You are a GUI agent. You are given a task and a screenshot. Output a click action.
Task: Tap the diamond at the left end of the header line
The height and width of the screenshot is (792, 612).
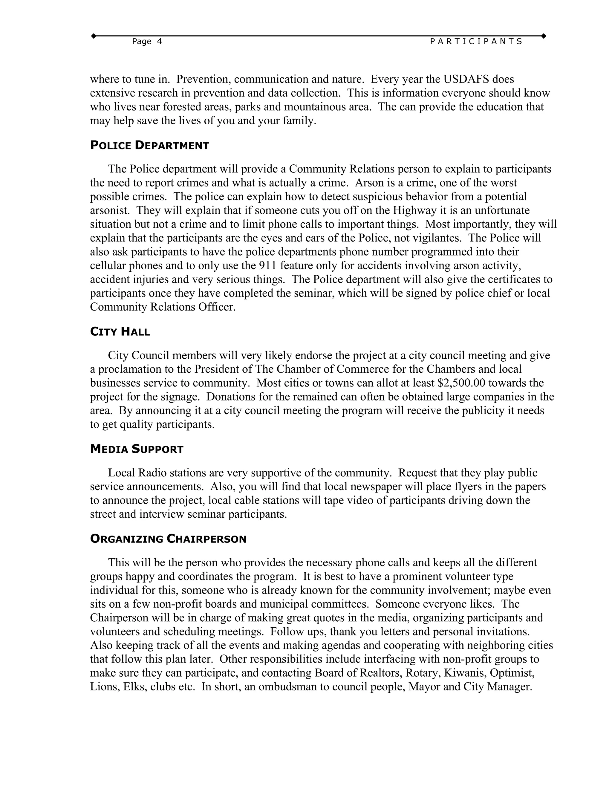tap(94, 36)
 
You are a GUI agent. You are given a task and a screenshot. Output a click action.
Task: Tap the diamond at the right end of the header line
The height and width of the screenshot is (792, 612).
tap(544, 36)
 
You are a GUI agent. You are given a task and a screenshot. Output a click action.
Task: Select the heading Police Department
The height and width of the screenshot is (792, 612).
tap(149, 146)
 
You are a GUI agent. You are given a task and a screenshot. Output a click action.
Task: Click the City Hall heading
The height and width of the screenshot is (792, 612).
tap(120, 331)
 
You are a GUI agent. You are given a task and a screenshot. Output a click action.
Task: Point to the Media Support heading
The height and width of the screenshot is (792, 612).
tap(137, 449)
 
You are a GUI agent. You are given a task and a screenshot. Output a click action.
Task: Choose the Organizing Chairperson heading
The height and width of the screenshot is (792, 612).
tap(168, 539)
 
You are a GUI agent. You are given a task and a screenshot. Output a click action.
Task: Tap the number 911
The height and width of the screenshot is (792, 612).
tap(267, 266)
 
